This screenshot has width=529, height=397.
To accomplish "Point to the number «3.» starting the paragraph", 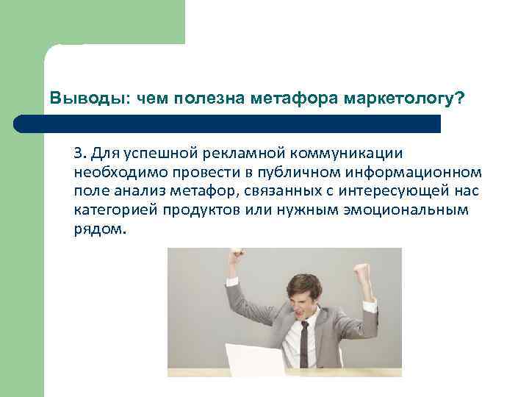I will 80,153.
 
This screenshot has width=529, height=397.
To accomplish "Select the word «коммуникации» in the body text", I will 349,153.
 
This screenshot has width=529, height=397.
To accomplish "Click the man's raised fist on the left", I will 236,257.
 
